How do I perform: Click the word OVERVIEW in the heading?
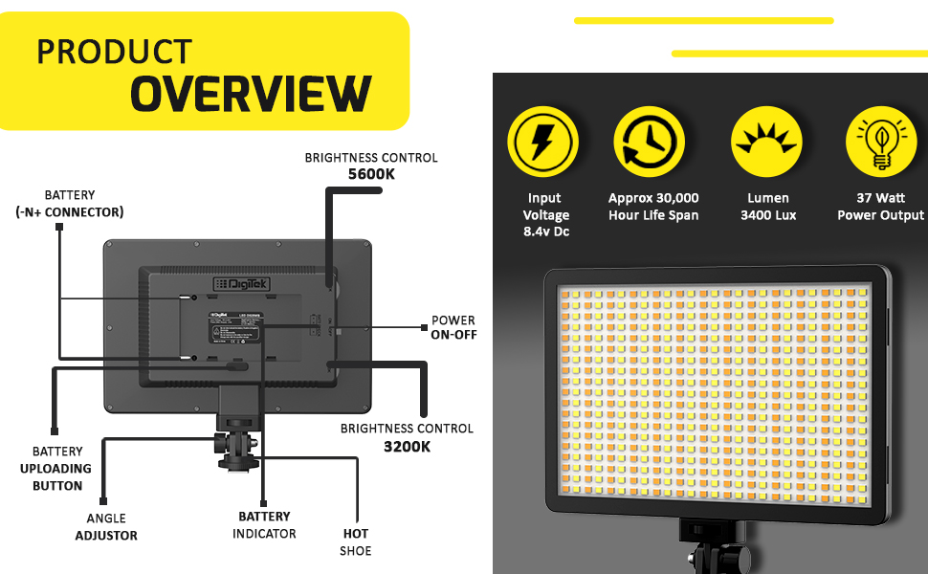251,94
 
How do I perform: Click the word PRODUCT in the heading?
115,52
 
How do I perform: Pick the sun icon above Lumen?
766,142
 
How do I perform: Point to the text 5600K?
371,174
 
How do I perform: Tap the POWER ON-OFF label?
453,328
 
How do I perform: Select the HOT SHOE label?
356,541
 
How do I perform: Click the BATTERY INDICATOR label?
264,525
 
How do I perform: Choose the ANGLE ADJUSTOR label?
106,527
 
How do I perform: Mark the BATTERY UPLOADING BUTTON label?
56,468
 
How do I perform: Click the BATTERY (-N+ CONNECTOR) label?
70,204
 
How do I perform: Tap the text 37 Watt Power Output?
880,207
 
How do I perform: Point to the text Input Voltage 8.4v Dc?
545,215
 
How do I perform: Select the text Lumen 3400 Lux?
768,207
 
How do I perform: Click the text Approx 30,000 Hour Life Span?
653,207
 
